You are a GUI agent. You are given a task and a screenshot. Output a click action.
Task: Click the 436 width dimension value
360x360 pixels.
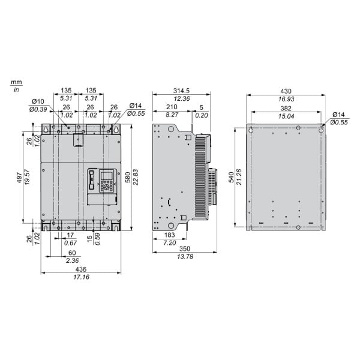[x=81, y=269]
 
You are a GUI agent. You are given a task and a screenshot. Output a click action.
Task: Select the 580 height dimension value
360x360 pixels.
[x=128, y=177]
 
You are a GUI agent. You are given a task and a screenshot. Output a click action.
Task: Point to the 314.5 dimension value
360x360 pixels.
[x=181, y=91]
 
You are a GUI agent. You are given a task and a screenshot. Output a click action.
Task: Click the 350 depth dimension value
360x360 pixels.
[x=185, y=249]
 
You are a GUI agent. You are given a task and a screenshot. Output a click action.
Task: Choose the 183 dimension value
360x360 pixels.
[x=169, y=235]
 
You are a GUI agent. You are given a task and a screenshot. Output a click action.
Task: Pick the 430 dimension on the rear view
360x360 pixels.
[x=286, y=91]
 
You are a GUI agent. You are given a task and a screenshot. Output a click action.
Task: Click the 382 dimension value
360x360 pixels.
[x=286, y=109]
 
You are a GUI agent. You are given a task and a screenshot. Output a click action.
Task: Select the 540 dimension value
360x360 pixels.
[x=232, y=177]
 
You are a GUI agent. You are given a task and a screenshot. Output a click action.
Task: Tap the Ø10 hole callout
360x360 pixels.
[x=38, y=101]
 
